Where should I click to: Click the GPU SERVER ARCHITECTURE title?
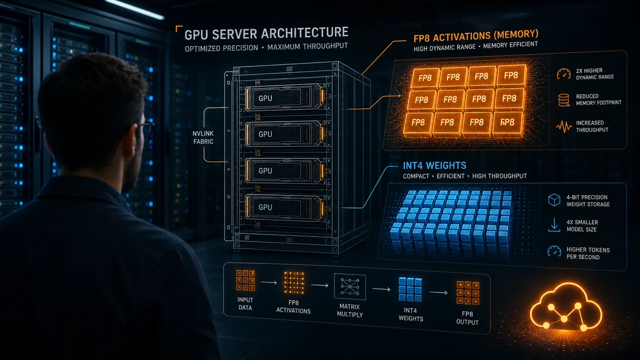(266, 33)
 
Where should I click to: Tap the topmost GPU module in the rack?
(285, 97)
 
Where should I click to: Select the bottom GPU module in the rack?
(285, 207)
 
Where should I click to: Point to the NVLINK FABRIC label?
(203, 137)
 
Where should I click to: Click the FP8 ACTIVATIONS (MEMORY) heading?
(475, 36)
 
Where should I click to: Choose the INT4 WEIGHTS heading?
(434, 165)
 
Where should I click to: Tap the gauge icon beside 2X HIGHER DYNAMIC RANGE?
(563, 73)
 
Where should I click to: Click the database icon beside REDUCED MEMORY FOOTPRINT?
(563, 100)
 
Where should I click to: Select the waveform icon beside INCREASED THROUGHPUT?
(563, 126)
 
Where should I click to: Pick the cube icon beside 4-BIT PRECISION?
(554, 199)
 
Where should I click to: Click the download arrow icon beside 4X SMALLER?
(554, 225)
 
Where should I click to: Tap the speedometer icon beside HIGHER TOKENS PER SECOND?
(554, 251)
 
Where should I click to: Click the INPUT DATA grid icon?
(245, 280)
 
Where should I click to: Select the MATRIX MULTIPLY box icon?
(349, 286)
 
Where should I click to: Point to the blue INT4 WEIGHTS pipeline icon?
(410, 289)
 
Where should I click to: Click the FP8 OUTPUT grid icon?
(467, 293)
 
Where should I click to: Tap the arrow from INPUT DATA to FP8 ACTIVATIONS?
(269, 282)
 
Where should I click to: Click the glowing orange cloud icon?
(565, 306)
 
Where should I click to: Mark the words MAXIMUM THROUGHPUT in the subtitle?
(307, 46)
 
